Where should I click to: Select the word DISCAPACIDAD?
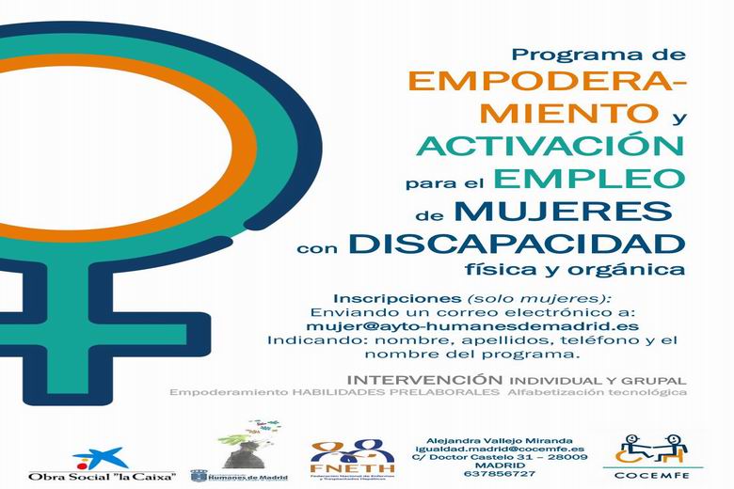click(x=515, y=244)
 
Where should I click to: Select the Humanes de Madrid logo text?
click(x=250, y=476)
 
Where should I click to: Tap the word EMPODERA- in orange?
click(x=549, y=83)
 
